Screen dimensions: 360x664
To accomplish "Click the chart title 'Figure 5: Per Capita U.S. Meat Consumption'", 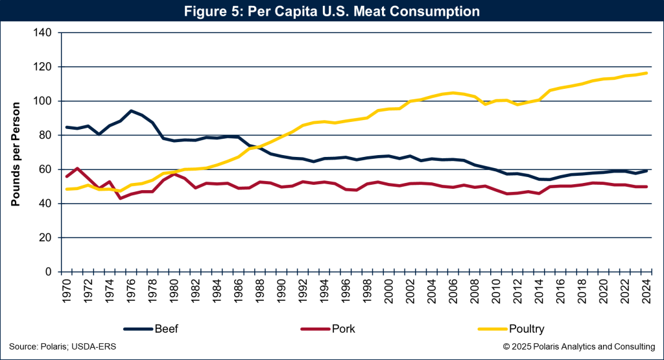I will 331,12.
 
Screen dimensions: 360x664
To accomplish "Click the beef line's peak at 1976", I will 132,111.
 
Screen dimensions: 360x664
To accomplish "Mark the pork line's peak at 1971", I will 78,169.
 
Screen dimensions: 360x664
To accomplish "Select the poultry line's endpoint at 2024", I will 646,73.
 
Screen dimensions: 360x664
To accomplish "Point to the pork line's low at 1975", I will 121,198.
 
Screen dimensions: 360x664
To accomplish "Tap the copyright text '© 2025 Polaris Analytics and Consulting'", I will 579,347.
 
